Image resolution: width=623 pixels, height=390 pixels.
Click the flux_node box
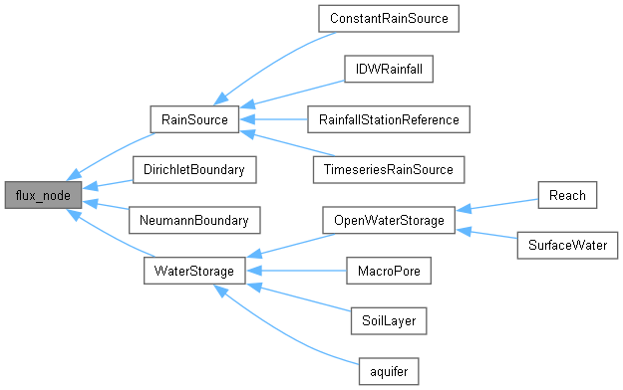(43, 195)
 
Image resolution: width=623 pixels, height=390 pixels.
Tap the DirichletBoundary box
(193, 170)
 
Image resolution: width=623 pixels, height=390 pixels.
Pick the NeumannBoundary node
(193, 220)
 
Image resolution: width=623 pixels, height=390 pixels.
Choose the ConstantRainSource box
(388, 19)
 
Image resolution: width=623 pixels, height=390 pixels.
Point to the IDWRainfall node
(388, 70)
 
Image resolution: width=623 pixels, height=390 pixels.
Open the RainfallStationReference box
(388, 120)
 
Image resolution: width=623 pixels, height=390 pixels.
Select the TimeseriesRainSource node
(388, 170)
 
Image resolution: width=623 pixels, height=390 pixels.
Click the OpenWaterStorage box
(388, 220)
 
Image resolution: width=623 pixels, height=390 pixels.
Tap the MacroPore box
(388, 270)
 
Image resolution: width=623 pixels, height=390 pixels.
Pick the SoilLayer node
(388, 320)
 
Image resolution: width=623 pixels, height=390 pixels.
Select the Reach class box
(566, 195)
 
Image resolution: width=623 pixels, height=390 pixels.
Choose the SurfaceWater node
(566, 245)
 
